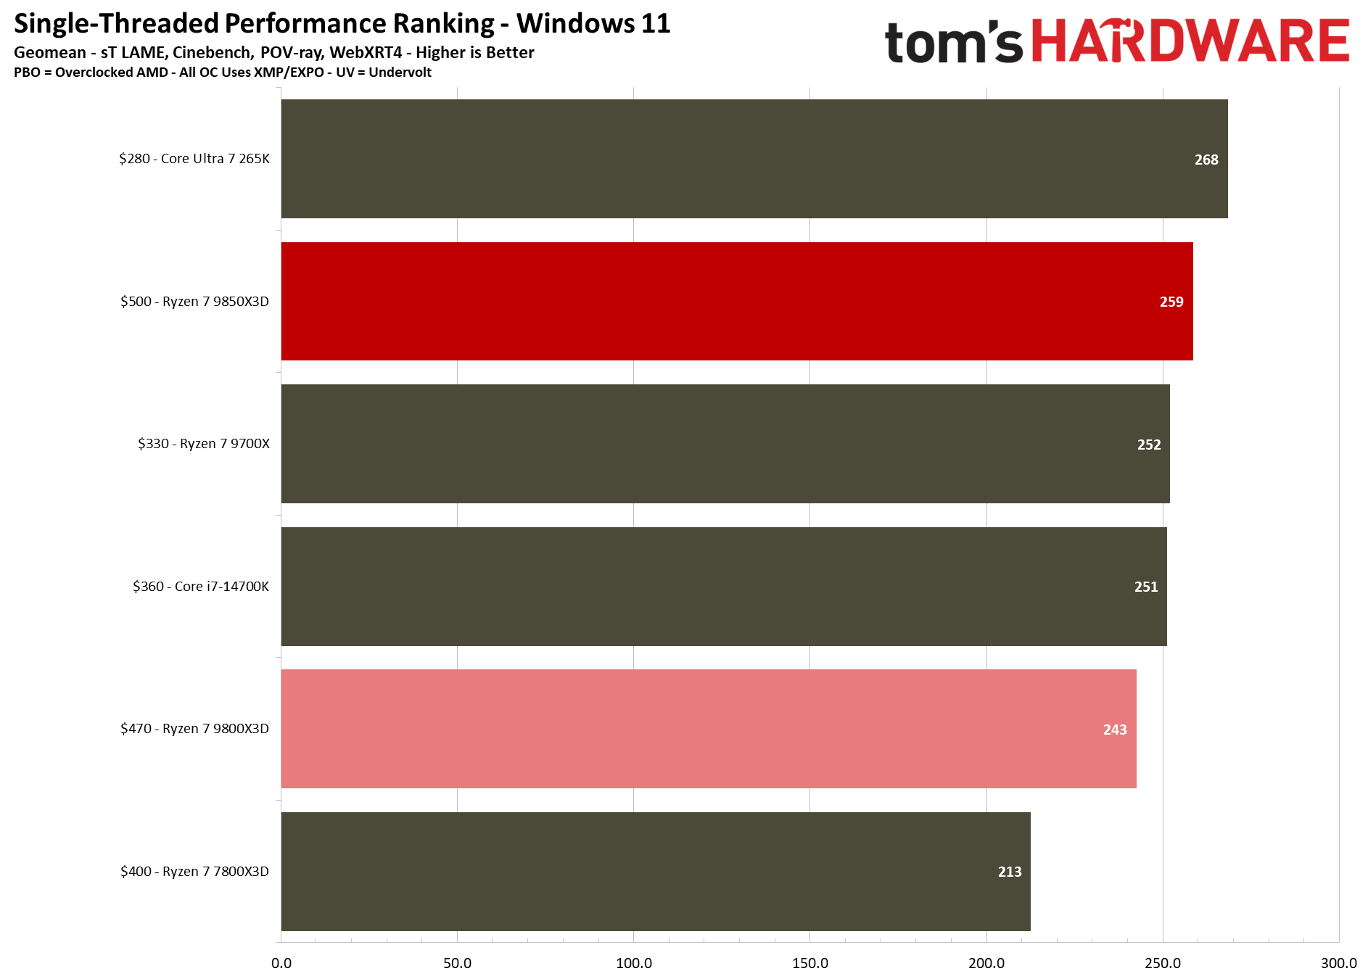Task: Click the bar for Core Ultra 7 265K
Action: [x=754, y=159]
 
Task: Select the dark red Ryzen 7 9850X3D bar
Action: [x=737, y=301]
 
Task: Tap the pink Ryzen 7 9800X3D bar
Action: [x=709, y=729]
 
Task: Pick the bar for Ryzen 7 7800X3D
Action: [x=656, y=871]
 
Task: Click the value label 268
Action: [x=1206, y=160]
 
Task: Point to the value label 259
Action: [x=1171, y=302]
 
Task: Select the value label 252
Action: [x=1149, y=445]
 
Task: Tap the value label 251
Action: [x=1146, y=587]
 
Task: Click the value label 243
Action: [x=1115, y=730]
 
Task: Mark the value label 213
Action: [x=1010, y=872]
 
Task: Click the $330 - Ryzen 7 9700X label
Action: [x=204, y=444]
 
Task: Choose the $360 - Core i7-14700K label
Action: [x=201, y=586]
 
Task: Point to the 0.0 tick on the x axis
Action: [x=281, y=963]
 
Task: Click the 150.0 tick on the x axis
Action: [x=810, y=963]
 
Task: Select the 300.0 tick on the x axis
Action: [x=1338, y=963]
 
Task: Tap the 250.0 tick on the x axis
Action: [x=1163, y=963]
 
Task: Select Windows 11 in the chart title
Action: [x=593, y=23]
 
